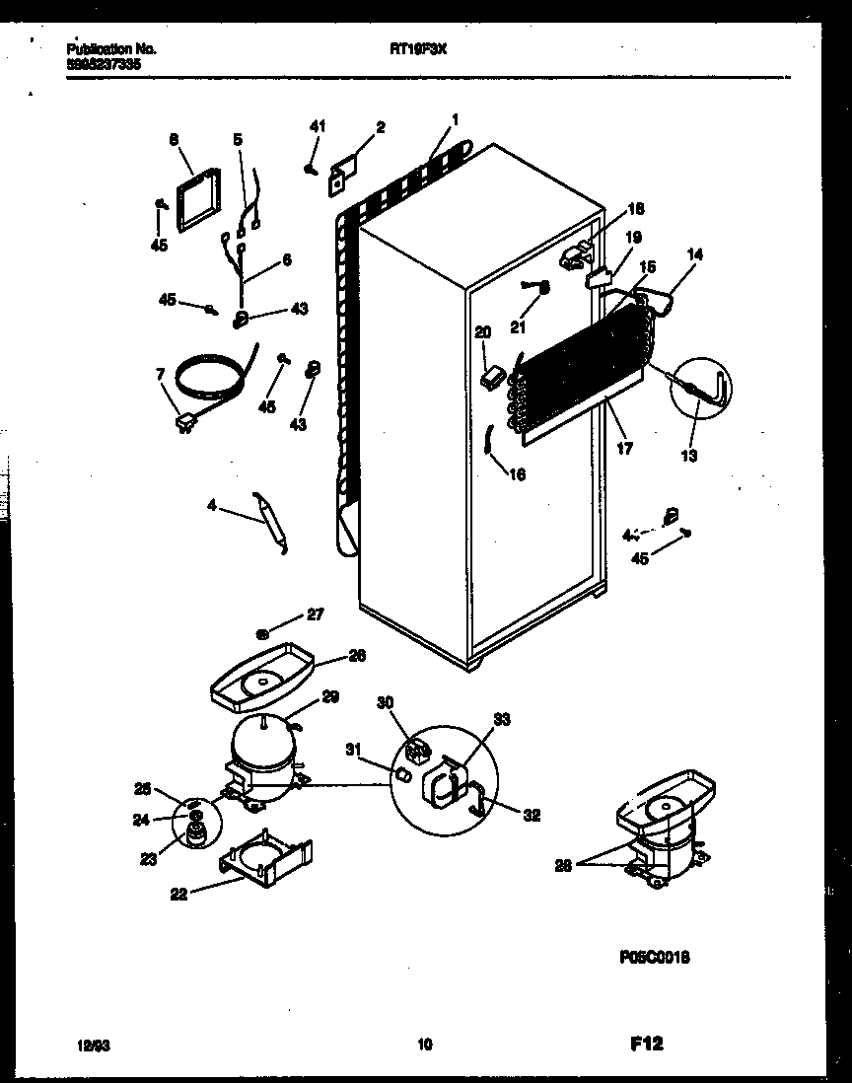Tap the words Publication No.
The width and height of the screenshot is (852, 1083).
coord(111,48)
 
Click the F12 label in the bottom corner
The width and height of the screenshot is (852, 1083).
coord(645,1044)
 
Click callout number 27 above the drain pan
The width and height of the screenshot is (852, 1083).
coord(314,614)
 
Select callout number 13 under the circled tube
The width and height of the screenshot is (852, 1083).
coord(689,455)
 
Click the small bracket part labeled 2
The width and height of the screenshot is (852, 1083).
coord(342,169)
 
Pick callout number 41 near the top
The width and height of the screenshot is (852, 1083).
coord(317,126)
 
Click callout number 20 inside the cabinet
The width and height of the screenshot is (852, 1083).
coord(482,332)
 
